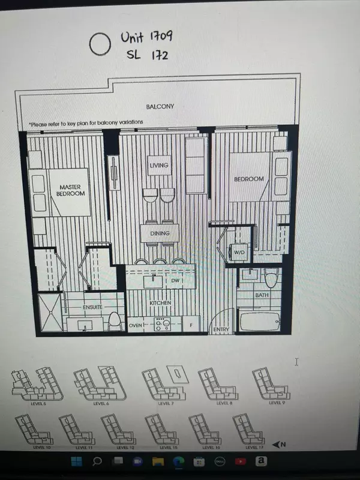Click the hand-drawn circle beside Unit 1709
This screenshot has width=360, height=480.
click(99, 43)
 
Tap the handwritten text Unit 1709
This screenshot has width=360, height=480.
click(146, 37)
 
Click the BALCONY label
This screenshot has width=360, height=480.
click(160, 107)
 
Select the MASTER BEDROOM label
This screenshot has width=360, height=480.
click(71, 190)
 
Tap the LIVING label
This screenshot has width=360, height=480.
click(159, 166)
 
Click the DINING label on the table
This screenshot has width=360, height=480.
click(160, 233)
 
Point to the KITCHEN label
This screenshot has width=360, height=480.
click(160, 303)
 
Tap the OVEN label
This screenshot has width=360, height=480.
click(136, 326)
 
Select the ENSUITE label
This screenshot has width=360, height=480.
click(94, 307)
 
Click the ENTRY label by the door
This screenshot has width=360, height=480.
click(221, 329)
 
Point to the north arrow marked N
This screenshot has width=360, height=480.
click(278, 445)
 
